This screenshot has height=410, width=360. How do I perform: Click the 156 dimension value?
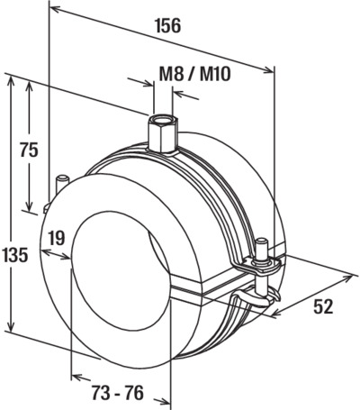(x=168, y=25)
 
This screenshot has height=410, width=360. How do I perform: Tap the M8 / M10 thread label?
(x=195, y=74)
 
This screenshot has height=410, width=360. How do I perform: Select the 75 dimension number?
(x=29, y=150)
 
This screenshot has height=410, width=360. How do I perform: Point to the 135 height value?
(x=14, y=256)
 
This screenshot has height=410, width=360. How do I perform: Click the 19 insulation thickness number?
(x=57, y=238)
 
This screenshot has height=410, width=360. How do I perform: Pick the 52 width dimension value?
(x=323, y=307)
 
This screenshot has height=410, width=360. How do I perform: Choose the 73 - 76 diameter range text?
(x=118, y=393)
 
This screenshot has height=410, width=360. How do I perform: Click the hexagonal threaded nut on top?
(x=163, y=133)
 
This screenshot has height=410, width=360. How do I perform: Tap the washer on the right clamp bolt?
(x=265, y=262)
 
